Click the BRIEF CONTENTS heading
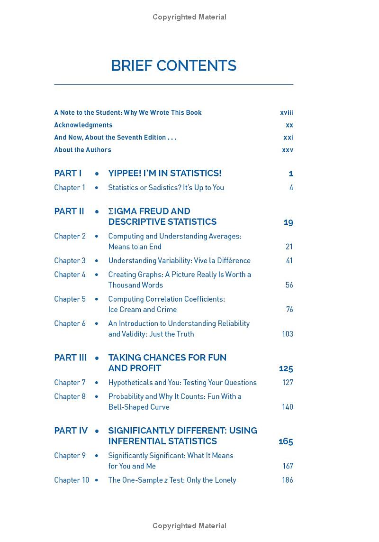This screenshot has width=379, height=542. click(x=173, y=65)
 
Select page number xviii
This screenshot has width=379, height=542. click(x=287, y=112)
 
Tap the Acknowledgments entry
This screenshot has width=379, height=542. click(x=83, y=125)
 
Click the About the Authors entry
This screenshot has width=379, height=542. click(x=82, y=149)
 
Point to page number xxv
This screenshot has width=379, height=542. click(x=288, y=149)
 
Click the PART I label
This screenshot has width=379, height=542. click(x=68, y=173)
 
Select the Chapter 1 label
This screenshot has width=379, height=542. click(x=70, y=187)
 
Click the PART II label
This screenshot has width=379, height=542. click(x=69, y=211)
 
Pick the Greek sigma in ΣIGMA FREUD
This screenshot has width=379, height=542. click(x=111, y=211)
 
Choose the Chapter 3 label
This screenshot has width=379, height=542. click(x=70, y=260)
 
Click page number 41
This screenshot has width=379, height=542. click(x=289, y=260)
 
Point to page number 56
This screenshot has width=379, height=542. click(x=289, y=285)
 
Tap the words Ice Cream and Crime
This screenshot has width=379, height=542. click(x=142, y=309)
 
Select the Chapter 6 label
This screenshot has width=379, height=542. click(x=70, y=323)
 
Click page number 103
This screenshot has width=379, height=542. click(x=288, y=334)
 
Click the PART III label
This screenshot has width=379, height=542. click(x=71, y=358)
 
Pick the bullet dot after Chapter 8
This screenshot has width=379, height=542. click(x=97, y=396)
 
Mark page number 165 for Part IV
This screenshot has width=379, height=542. click(x=286, y=441)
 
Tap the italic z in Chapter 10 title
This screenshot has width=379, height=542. click(x=166, y=480)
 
